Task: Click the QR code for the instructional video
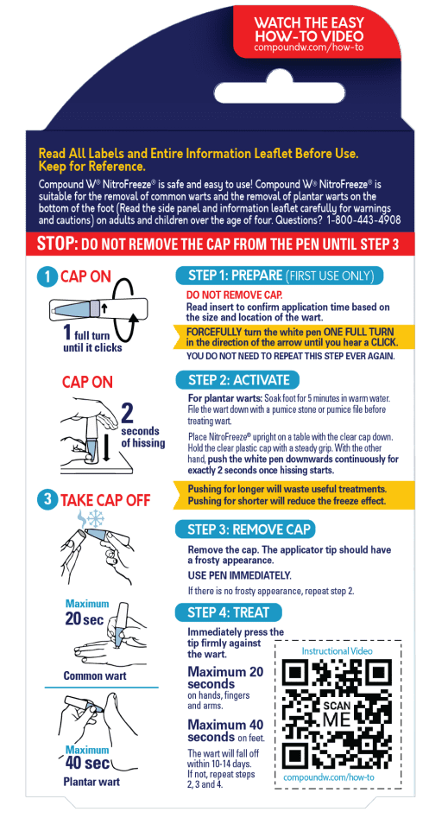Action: [x=338, y=713]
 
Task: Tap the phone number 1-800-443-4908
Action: [x=363, y=220]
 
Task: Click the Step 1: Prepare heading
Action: [x=279, y=276]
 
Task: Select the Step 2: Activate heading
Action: [x=238, y=380]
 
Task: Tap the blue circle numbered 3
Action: [x=47, y=499]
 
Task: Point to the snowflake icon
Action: [x=96, y=518]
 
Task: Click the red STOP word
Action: [x=57, y=244]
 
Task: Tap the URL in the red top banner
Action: [x=308, y=47]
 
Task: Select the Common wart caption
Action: [x=95, y=675]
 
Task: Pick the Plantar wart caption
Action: [x=91, y=782]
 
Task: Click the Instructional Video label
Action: [x=337, y=650]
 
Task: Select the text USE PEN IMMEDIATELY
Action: [x=239, y=575]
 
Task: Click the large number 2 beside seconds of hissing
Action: [x=127, y=413]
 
